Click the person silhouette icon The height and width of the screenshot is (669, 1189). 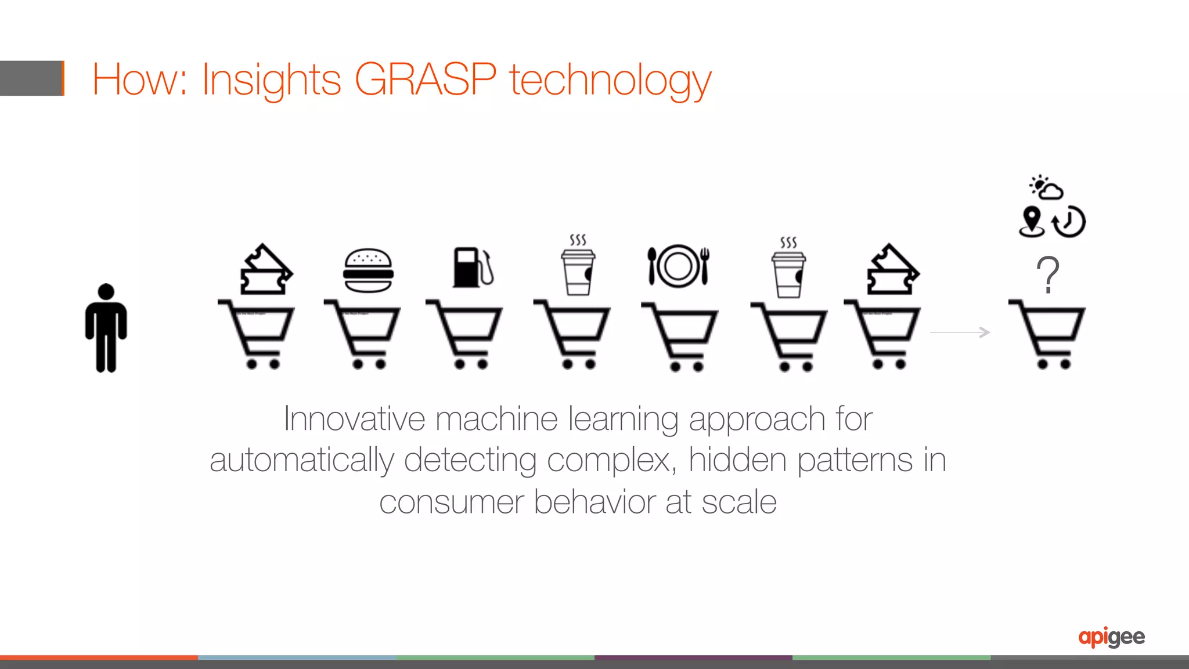[106, 328]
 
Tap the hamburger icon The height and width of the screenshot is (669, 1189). [368, 270]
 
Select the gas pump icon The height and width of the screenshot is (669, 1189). [471, 267]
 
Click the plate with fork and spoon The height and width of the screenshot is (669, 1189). [678, 266]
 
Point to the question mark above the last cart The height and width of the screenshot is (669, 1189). [1048, 274]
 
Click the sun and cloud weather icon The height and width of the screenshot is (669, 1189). [1046, 187]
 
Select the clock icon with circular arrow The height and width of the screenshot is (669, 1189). [1069, 222]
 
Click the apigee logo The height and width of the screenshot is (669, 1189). [1111, 637]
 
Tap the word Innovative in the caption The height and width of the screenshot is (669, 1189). [354, 418]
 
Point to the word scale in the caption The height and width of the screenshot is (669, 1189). [738, 502]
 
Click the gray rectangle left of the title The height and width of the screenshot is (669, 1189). [31, 78]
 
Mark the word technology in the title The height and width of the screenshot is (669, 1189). [610, 80]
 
